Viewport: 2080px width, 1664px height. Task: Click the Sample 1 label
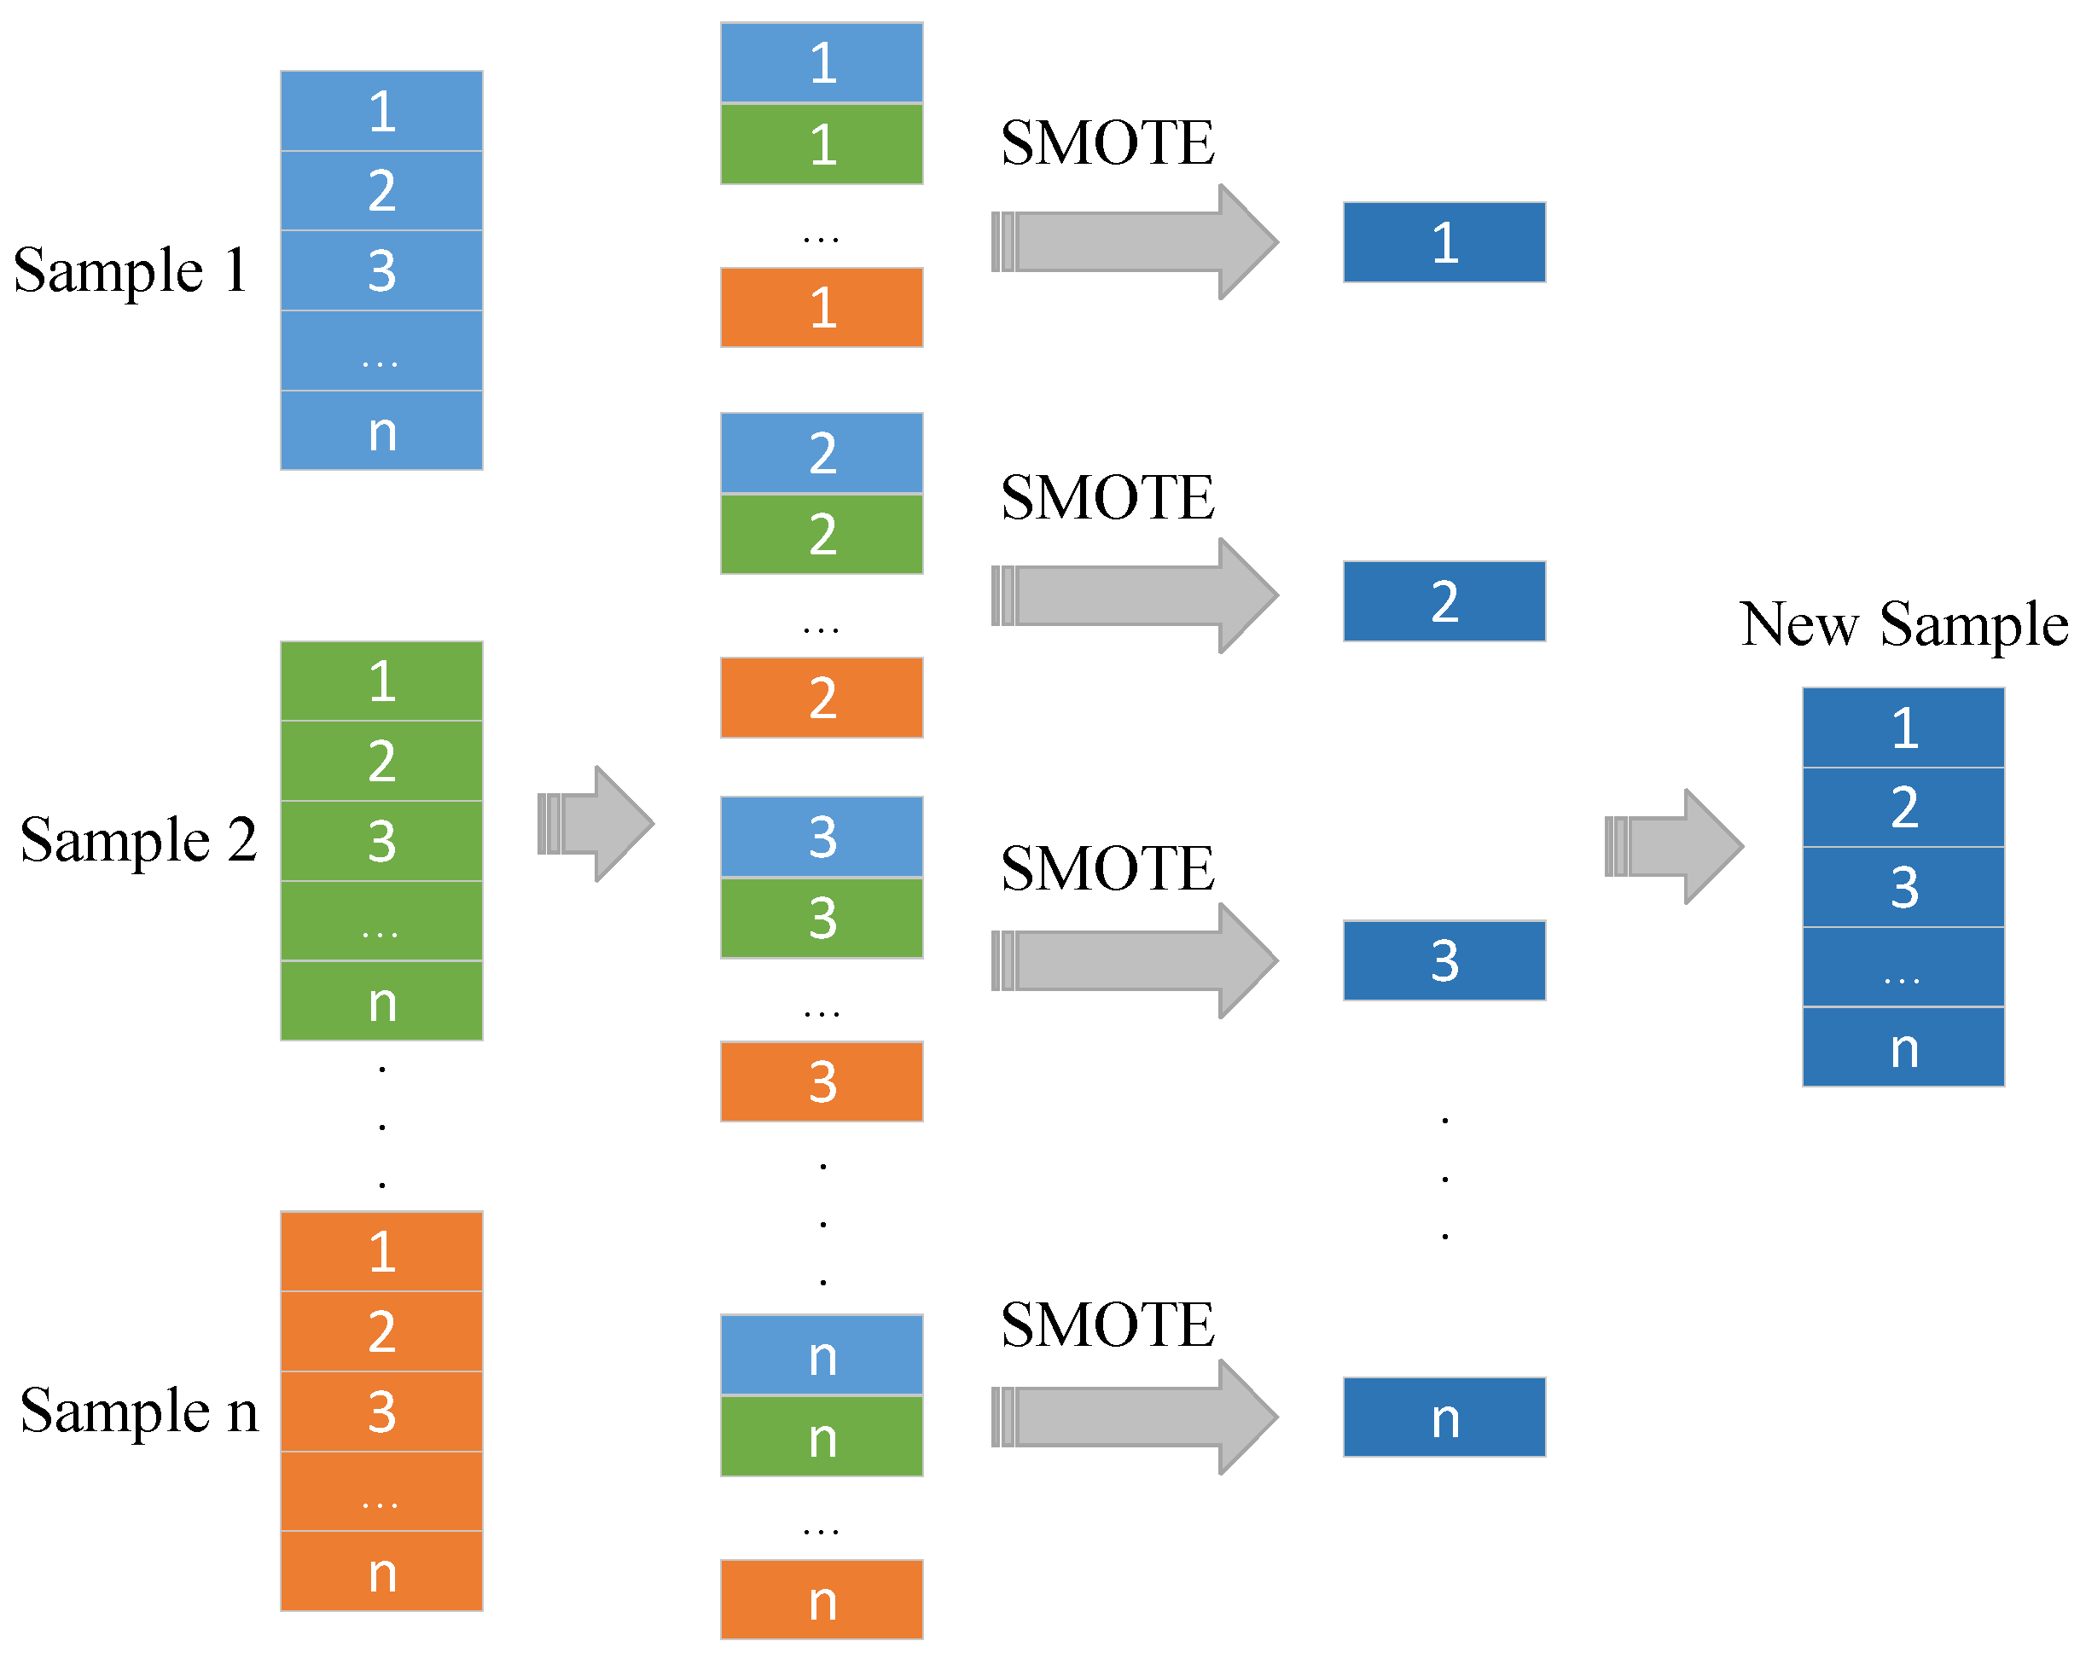[x=131, y=271]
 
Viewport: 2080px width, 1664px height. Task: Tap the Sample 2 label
[x=138, y=840]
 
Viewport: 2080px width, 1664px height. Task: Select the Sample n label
[x=139, y=1412]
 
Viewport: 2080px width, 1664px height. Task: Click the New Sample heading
[x=1903, y=625]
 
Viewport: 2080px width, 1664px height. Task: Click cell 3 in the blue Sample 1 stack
[x=381, y=270]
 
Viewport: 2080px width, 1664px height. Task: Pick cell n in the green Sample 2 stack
[x=381, y=1001]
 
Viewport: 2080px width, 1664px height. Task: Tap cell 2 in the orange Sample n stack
[x=381, y=1331]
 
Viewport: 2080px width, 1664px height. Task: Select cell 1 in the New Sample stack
[x=1903, y=728]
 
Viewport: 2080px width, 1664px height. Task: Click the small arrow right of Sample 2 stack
[x=596, y=824]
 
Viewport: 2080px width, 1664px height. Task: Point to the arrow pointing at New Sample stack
[x=1674, y=846]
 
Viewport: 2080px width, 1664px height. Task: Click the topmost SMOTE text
[x=1107, y=144]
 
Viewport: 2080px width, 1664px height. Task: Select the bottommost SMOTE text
[x=1107, y=1325]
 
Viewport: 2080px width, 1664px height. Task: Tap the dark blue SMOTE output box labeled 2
[x=1444, y=601]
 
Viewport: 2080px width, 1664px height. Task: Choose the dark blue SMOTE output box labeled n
[x=1444, y=1417]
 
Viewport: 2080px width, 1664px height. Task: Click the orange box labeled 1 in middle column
[x=821, y=308]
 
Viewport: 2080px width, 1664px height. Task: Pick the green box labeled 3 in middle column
[x=821, y=918]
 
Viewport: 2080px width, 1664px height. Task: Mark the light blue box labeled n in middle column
[x=821, y=1355]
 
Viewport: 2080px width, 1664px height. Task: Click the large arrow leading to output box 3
[x=1136, y=960]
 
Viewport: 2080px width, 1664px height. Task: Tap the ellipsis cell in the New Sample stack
[x=1903, y=967]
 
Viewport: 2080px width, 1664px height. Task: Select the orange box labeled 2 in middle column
[x=821, y=698]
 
